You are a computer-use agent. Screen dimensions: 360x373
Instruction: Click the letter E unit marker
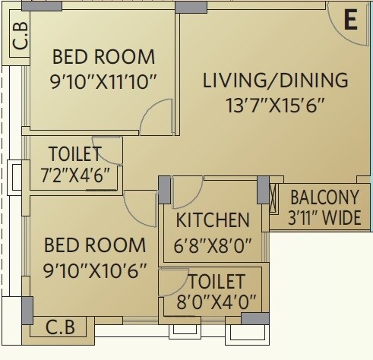click(350, 21)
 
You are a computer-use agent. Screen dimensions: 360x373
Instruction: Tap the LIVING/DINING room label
click(275, 81)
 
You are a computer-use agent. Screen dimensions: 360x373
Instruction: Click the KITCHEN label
click(213, 220)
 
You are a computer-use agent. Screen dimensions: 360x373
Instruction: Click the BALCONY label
click(326, 197)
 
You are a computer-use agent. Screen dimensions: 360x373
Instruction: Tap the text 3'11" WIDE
click(326, 219)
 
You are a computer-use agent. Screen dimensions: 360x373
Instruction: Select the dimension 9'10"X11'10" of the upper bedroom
click(103, 81)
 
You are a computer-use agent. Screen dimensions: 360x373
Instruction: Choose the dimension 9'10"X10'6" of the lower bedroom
click(95, 270)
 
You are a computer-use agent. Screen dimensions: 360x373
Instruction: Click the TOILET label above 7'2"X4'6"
click(75, 153)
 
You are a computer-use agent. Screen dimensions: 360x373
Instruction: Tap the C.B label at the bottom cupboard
click(60, 329)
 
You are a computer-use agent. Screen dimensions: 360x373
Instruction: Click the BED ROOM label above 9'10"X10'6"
click(95, 245)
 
